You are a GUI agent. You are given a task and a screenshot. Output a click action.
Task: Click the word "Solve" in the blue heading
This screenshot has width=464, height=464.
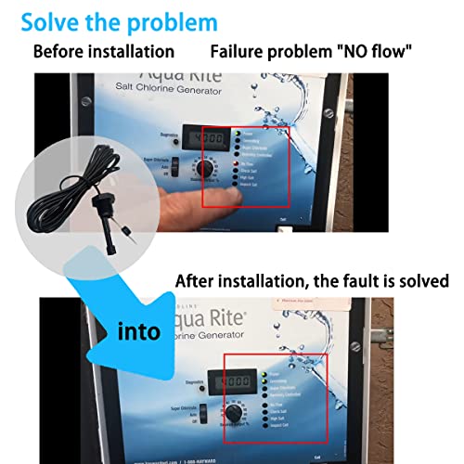pyautogui.click(x=47, y=20)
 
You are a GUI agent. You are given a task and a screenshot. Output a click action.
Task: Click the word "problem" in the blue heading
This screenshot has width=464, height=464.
pyautogui.click(x=174, y=20)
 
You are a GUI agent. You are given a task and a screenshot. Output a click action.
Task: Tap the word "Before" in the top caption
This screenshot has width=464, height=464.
pyautogui.click(x=63, y=50)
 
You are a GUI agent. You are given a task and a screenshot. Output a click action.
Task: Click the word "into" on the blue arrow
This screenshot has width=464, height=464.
pyautogui.click(x=139, y=329)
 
